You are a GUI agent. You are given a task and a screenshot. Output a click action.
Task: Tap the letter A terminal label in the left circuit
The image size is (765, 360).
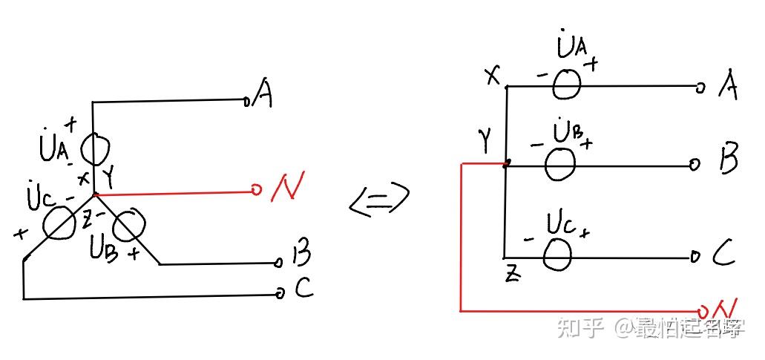pyautogui.click(x=263, y=94)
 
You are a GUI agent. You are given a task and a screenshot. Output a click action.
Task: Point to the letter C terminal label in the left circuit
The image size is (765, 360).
pyautogui.click(x=303, y=289)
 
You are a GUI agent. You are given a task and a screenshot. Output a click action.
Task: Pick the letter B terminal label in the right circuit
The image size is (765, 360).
pyautogui.click(x=729, y=162)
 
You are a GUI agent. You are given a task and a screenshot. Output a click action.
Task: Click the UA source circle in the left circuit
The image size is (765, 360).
pyautogui.click(x=93, y=151)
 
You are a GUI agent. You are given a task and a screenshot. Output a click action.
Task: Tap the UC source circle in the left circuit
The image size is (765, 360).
pyautogui.click(x=58, y=223)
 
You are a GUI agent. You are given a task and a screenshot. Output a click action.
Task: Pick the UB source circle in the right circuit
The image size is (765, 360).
pyautogui.click(x=560, y=163)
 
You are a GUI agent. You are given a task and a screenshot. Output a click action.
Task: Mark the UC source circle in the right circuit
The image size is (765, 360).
pyautogui.click(x=558, y=255)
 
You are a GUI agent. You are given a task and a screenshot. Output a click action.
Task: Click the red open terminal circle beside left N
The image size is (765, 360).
pyautogui.click(x=256, y=191)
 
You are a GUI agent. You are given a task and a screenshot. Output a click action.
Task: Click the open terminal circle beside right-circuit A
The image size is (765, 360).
pyautogui.click(x=699, y=88)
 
